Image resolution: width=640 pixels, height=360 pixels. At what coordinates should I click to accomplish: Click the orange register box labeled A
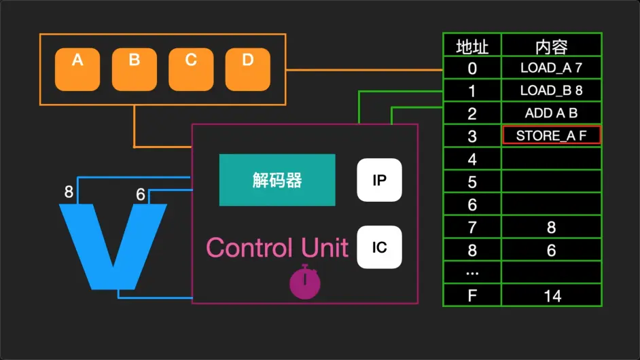(77, 69)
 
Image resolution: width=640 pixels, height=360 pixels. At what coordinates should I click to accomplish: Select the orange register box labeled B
(135, 69)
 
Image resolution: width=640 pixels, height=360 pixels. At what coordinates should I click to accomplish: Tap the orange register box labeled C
(191, 69)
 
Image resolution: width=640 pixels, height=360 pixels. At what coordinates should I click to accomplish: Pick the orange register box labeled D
(247, 69)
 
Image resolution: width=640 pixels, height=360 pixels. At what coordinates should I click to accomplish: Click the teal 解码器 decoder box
(277, 180)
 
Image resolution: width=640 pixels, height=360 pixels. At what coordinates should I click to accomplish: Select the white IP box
(380, 180)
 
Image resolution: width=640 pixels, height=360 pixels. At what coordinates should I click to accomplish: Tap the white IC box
(380, 247)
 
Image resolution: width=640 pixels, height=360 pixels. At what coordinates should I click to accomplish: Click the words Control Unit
(277, 247)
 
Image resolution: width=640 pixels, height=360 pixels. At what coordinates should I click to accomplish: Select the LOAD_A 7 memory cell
(551, 68)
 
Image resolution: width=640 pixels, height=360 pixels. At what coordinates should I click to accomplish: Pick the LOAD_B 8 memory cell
(551, 90)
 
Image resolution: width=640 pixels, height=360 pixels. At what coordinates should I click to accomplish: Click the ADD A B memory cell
(551, 113)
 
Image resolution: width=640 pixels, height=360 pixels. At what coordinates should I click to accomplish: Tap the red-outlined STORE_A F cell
(551, 135)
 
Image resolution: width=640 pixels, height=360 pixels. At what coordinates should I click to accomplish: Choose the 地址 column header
(472, 46)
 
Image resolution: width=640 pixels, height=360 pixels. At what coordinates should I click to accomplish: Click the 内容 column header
(551, 46)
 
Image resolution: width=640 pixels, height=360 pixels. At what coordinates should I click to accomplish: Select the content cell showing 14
(551, 295)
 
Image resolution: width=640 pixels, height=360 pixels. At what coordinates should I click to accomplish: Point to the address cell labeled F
(472, 295)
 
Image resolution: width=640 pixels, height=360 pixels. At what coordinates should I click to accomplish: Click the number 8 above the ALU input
(69, 192)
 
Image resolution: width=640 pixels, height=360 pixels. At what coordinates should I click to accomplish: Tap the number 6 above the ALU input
(141, 195)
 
